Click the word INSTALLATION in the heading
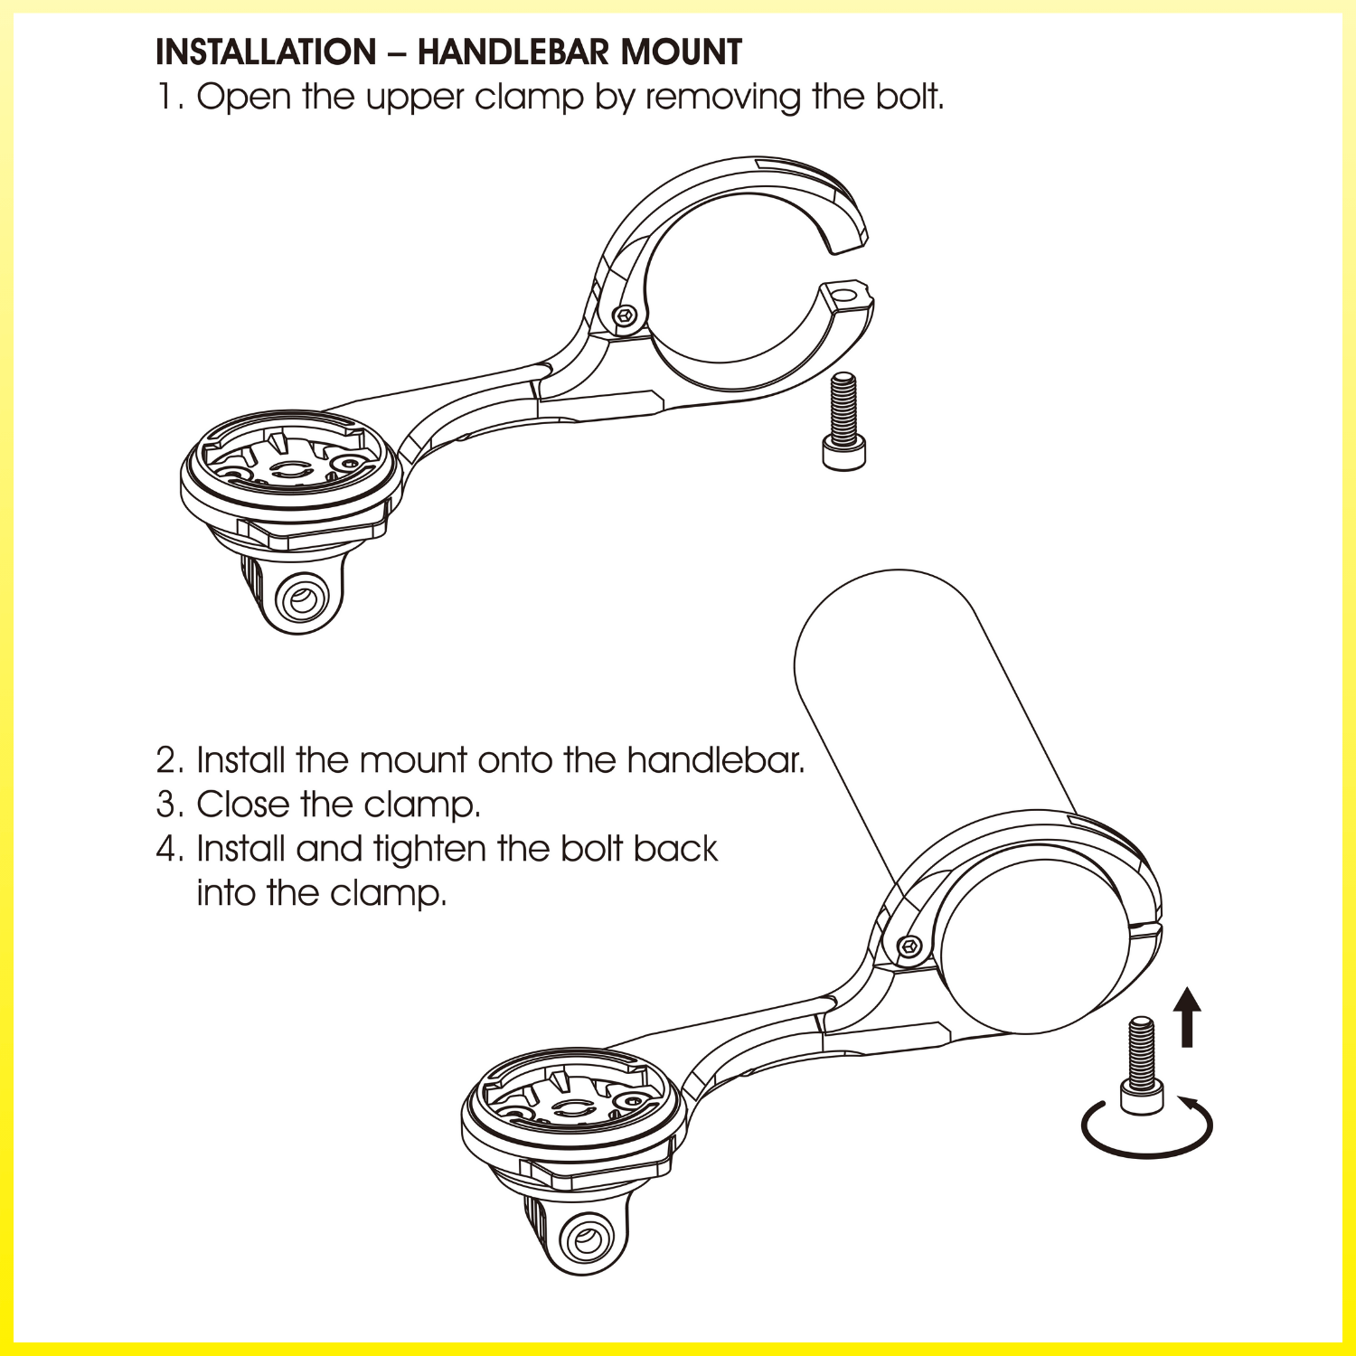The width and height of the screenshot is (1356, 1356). pyautogui.click(x=267, y=52)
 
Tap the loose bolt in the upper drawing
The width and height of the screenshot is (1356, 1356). pyautogui.click(x=843, y=420)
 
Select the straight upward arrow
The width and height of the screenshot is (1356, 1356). pyautogui.click(x=1188, y=1017)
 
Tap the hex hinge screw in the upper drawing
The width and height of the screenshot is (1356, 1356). pyautogui.click(x=625, y=315)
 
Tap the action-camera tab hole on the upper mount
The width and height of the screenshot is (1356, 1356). pyautogui.click(x=301, y=598)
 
